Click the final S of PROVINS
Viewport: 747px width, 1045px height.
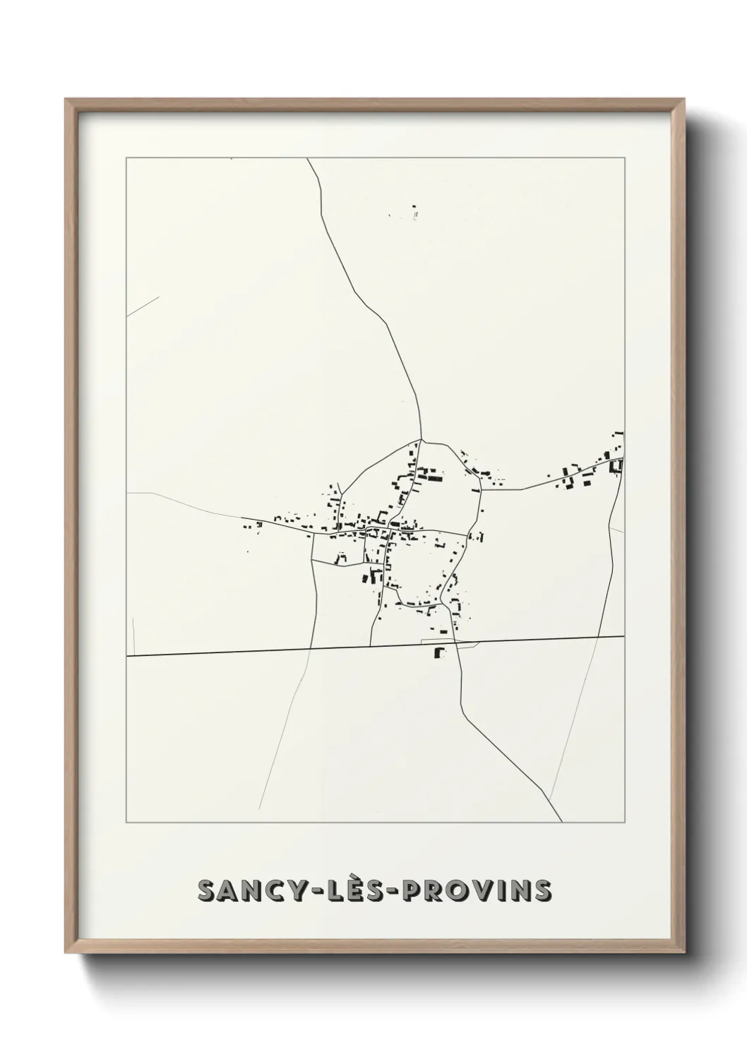click(x=542, y=891)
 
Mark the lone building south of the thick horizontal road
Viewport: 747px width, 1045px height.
click(x=440, y=652)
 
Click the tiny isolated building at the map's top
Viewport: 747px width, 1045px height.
click(x=415, y=211)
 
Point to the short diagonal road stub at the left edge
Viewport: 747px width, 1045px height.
click(x=143, y=306)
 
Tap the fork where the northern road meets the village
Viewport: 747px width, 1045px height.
click(x=422, y=441)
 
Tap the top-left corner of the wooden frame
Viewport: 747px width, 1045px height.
click(x=67, y=101)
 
